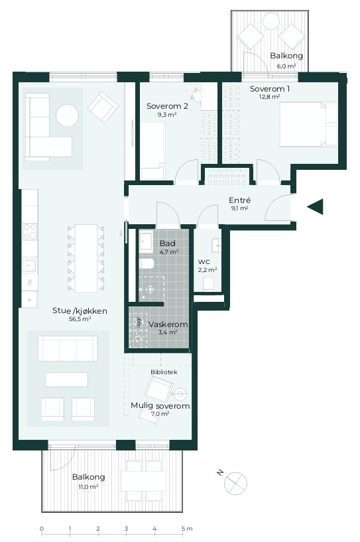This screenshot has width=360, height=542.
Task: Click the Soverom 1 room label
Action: point(269,89)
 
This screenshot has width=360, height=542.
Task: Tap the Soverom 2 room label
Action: point(167,106)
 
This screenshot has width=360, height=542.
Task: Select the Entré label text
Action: point(240,200)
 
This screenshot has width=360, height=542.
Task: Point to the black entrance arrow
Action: point(315,207)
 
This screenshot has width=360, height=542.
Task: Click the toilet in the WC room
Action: point(208,283)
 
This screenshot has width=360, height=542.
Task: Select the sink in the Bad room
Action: point(146,241)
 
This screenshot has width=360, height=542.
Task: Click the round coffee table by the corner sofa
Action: point(68,115)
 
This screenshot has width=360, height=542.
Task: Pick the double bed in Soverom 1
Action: point(308,124)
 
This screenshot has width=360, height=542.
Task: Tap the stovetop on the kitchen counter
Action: point(30,232)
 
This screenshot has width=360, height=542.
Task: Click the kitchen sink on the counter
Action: point(29,265)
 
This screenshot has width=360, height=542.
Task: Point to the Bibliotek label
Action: point(164,372)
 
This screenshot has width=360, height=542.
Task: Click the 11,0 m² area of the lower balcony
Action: point(89,487)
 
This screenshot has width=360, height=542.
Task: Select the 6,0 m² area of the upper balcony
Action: point(286,66)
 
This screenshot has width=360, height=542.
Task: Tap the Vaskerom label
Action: point(168,324)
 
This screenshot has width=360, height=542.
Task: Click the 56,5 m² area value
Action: point(80,319)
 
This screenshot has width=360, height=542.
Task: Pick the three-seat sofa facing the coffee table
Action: point(68,348)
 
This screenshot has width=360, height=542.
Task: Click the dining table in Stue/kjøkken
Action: point(86,258)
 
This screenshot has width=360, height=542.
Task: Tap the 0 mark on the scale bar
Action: point(42,529)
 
